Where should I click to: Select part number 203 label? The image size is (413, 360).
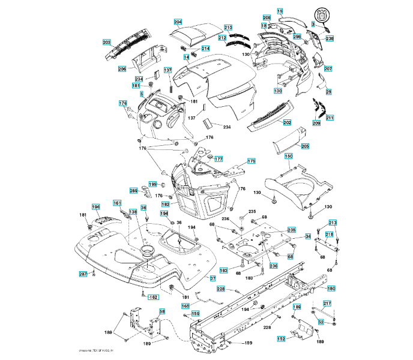coord(107,42)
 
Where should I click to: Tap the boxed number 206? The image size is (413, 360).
coord(122,69)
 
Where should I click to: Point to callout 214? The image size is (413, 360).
coord(205,49)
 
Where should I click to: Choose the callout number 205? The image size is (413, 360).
coord(305,146)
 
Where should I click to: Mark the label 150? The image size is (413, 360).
coord(288,156)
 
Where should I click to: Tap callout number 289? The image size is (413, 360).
coord(134,190)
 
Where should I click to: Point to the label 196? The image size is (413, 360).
coord(95,207)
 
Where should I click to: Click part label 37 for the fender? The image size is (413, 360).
coord(213,278)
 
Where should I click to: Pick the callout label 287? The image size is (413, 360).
coord(83,274)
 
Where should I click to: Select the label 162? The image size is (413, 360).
coord(154,297)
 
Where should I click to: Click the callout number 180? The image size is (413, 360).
coord(331,288)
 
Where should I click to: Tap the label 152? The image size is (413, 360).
coord(281,339)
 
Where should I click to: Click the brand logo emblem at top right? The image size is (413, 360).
coord(322,16)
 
